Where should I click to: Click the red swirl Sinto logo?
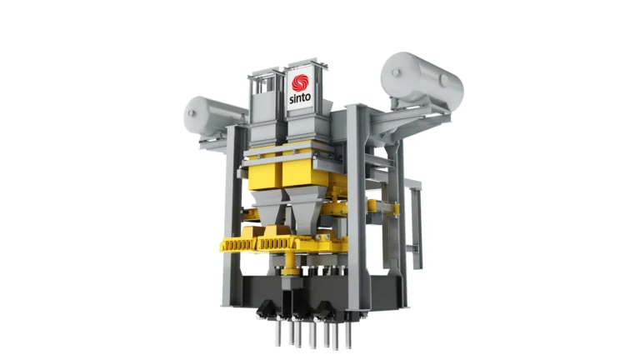[301, 82]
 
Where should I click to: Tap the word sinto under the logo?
[300, 98]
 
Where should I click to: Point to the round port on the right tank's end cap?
[396, 72]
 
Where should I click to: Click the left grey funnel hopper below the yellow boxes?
[268, 208]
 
